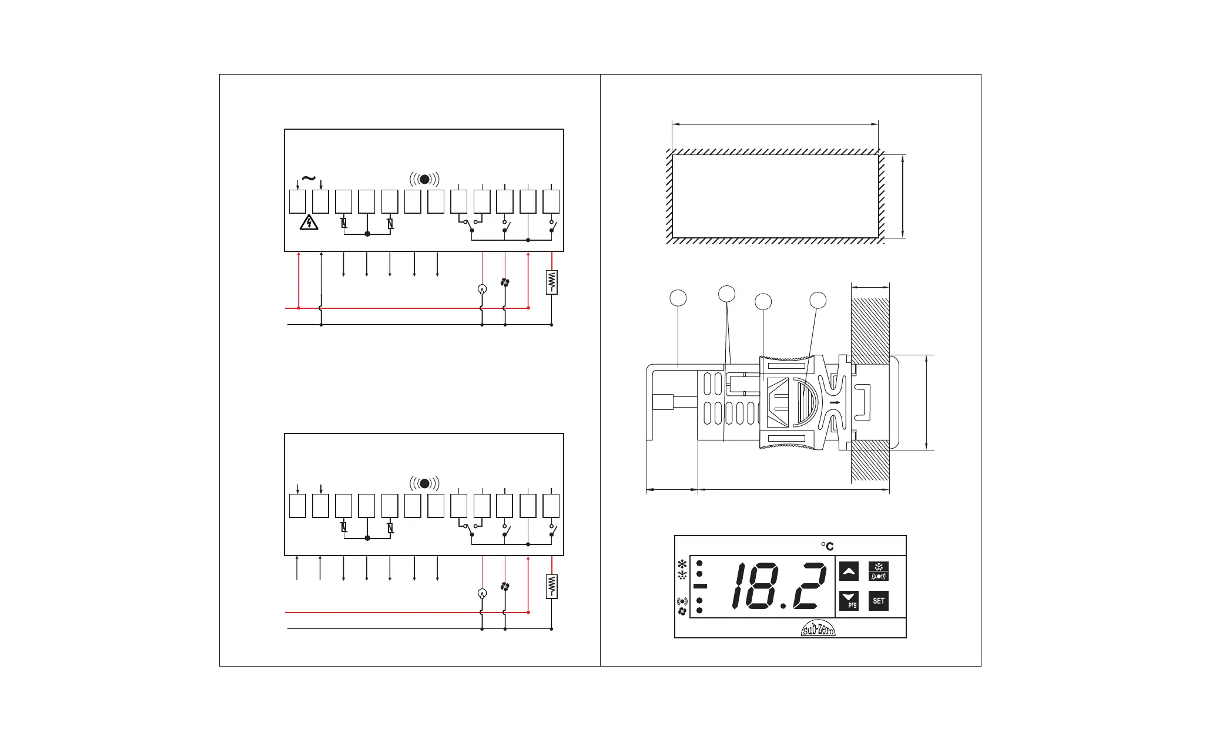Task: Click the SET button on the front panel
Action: point(878,601)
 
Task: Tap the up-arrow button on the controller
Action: point(849,571)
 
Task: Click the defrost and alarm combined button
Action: point(878,571)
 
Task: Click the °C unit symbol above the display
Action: point(828,546)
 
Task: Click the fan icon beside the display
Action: point(682,611)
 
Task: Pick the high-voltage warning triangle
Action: point(309,223)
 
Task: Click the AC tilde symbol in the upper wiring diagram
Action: point(308,179)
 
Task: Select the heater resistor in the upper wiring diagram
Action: point(551,282)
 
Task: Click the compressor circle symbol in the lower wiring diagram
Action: point(482,593)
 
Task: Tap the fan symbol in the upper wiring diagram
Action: point(505,282)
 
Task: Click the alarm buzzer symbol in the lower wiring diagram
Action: point(424,483)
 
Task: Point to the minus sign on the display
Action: point(699,586)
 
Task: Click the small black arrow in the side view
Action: point(834,403)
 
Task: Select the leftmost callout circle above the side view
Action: point(678,297)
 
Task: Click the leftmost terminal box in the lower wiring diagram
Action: point(297,506)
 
